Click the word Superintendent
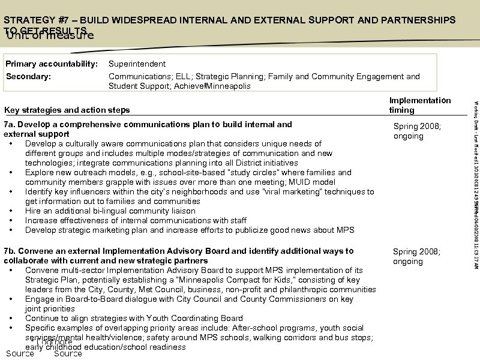[137, 64]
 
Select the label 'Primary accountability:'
[51, 64]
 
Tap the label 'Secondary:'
[28, 76]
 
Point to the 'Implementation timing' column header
[419, 105]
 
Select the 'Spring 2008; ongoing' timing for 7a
[416, 131]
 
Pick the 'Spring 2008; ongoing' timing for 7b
[416, 256]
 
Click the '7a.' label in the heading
[11, 124]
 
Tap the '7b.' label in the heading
[11, 251]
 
